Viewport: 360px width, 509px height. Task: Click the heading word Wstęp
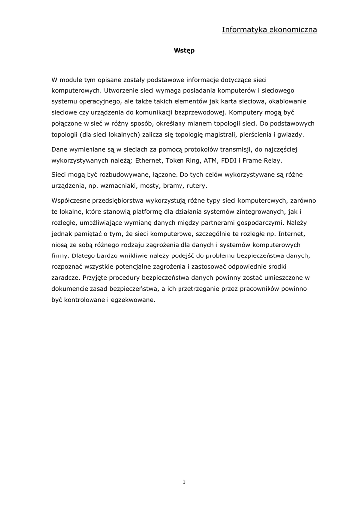point(184,51)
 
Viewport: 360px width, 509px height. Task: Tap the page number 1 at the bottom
point(184,482)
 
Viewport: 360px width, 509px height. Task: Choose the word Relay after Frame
point(272,161)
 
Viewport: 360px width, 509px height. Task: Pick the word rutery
point(195,186)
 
